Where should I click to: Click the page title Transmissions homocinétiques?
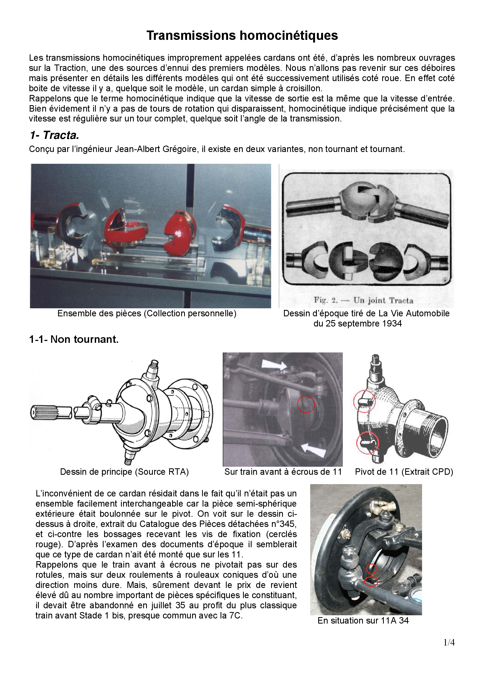click(242, 36)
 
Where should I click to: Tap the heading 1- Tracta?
click(54, 135)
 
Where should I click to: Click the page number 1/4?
click(449, 642)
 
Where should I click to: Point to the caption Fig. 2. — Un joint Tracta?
click(363, 300)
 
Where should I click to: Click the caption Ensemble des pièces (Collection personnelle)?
click(147, 314)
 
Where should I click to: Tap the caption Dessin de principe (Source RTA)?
click(124, 472)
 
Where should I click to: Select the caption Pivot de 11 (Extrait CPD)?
click(404, 472)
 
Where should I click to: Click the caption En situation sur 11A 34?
click(363, 621)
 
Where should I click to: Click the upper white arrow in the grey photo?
click(274, 365)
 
